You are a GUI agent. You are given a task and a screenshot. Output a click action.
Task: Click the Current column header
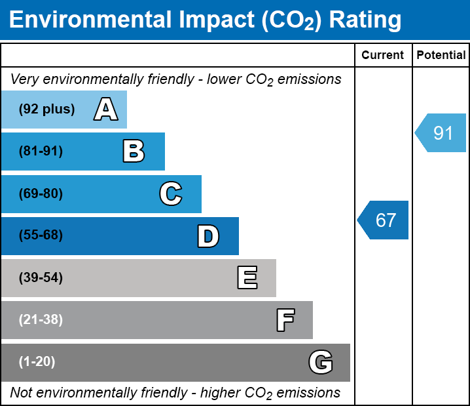click(382, 55)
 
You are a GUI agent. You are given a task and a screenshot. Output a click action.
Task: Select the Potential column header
click(441, 55)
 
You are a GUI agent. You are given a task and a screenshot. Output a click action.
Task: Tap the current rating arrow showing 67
click(383, 220)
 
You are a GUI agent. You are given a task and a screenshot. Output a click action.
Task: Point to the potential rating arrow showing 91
click(441, 132)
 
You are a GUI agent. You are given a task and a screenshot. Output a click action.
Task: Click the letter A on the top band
click(106, 109)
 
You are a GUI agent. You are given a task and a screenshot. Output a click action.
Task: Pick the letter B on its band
click(134, 151)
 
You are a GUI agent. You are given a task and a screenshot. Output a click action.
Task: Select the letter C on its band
click(171, 193)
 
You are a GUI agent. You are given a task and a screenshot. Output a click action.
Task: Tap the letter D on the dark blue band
click(208, 236)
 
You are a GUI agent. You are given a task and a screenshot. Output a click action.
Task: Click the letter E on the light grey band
click(247, 278)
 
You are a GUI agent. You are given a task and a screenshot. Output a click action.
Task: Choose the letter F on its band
click(285, 320)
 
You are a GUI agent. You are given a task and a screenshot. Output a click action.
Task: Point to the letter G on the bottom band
click(321, 362)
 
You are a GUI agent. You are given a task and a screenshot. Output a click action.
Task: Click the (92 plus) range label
click(46, 109)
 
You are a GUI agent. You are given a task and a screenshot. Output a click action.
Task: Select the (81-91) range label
click(41, 151)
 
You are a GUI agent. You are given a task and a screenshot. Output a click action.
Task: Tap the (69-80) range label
click(41, 193)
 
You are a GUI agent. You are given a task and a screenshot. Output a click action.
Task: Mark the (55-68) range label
click(41, 235)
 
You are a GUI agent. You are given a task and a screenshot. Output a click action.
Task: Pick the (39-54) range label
click(41, 278)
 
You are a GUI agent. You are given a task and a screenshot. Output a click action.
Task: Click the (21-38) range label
click(41, 320)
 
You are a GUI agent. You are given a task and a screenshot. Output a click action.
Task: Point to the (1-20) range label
click(37, 362)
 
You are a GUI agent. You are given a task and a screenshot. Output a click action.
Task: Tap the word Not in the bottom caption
click(21, 392)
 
